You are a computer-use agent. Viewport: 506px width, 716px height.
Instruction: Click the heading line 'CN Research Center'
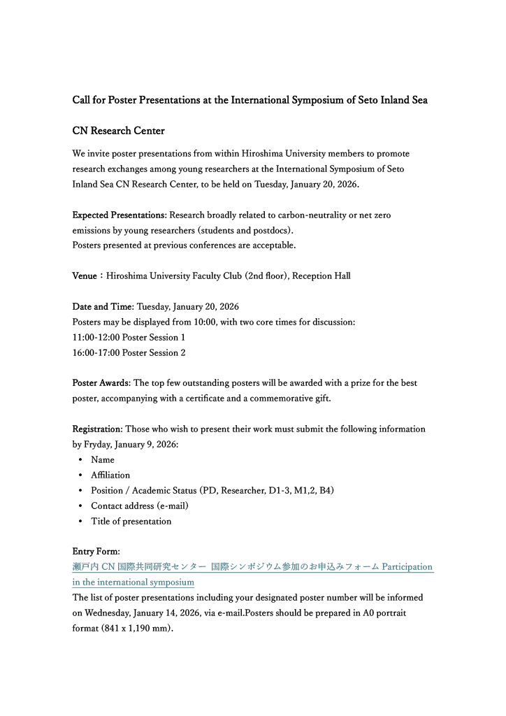click(x=119, y=131)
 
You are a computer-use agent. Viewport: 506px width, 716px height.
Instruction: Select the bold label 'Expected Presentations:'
click(x=120, y=215)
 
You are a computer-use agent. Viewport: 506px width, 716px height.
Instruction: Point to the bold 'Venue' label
click(x=85, y=275)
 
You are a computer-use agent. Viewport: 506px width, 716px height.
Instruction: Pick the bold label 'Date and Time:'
click(x=103, y=306)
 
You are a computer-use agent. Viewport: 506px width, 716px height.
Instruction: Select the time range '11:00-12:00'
click(x=96, y=337)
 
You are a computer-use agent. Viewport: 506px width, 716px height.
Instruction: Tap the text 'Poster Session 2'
click(x=154, y=352)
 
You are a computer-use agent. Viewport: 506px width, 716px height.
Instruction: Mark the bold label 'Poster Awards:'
click(x=101, y=383)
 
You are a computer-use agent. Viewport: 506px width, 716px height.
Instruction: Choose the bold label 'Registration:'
click(x=98, y=429)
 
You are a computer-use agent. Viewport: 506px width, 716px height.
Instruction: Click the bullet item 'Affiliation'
click(x=110, y=475)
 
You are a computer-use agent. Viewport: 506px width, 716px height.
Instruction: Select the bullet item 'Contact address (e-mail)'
click(x=140, y=506)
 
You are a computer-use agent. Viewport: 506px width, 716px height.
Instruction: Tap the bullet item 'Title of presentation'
click(x=131, y=521)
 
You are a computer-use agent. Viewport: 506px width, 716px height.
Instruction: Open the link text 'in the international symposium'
click(x=133, y=582)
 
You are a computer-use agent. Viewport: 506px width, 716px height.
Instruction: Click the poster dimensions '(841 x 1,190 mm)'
click(x=137, y=628)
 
